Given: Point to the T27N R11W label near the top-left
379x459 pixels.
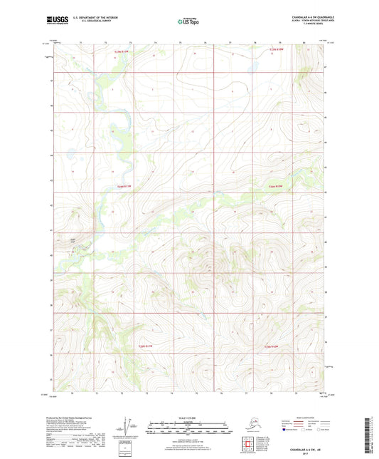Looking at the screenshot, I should click(x=123, y=51).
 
